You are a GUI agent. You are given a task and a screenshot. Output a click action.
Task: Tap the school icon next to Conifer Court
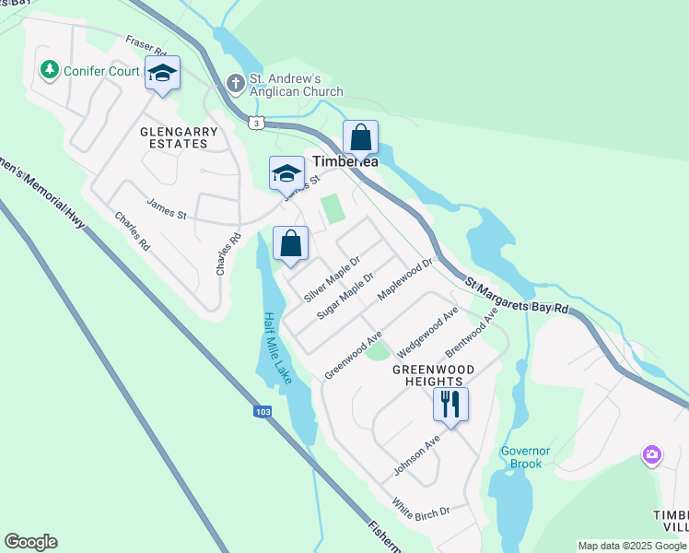click(x=162, y=74)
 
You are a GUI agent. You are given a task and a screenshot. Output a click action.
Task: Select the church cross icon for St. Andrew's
click(x=235, y=84)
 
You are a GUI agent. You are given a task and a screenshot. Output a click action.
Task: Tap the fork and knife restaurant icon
click(x=450, y=404)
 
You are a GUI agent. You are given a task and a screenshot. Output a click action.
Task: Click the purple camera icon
click(x=652, y=454)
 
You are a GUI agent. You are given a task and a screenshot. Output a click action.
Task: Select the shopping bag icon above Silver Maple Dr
click(x=290, y=245)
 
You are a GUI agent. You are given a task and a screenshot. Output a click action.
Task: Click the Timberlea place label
click(x=345, y=160)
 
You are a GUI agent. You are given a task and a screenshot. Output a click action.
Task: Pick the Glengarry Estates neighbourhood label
click(x=179, y=137)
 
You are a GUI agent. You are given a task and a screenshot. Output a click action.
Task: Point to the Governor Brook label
click(x=525, y=457)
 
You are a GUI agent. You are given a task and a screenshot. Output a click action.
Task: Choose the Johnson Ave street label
click(x=416, y=455)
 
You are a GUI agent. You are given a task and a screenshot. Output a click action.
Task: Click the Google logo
click(x=30, y=542)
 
